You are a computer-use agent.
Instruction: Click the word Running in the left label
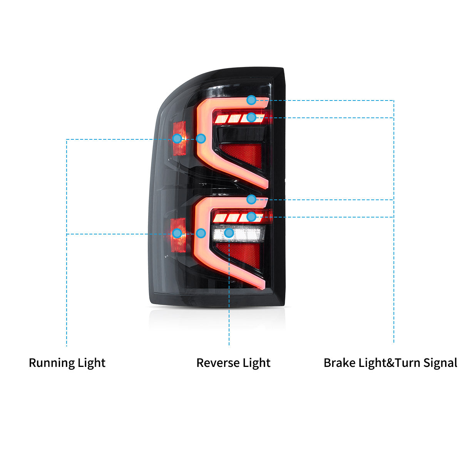click(x=52, y=363)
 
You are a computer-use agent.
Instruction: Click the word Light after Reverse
click(x=256, y=363)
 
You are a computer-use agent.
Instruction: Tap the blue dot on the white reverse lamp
click(x=229, y=233)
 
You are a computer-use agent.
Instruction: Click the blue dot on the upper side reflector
click(x=177, y=139)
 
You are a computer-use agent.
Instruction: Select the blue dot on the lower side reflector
click(x=177, y=233)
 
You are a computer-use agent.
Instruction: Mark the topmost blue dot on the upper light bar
click(x=251, y=100)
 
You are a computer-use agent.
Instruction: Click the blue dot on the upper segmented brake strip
click(x=251, y=117)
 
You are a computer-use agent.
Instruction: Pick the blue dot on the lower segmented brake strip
click(x=251, y=217)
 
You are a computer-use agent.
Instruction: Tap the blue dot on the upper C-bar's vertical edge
click(x=201, y=139)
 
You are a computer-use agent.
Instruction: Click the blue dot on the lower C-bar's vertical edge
click(x=201, y=233)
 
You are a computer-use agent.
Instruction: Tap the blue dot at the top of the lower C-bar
click(x=251, y=199)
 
